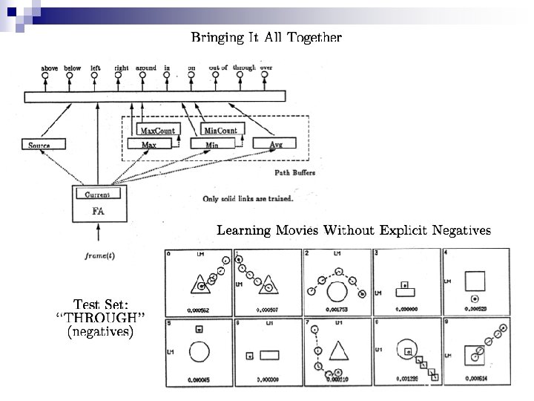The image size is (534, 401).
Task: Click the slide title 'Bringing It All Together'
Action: tap(266, 37)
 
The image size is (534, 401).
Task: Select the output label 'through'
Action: tap(244, 68)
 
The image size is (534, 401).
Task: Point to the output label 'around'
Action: tap(146, 68)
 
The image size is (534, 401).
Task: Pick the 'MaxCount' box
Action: tap(158, 131)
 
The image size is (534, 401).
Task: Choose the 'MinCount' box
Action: tap(221, 131)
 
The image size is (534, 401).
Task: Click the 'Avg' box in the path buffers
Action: tap(275, 143)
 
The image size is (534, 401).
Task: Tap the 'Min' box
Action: tap(212, 144)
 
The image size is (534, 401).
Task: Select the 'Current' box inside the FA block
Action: tap(98, 195)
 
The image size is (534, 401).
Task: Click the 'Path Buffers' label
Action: tap(297, 173)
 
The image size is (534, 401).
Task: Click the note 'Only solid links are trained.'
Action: tap(248, 198)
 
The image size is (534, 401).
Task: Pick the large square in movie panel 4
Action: tap(475, 281)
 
